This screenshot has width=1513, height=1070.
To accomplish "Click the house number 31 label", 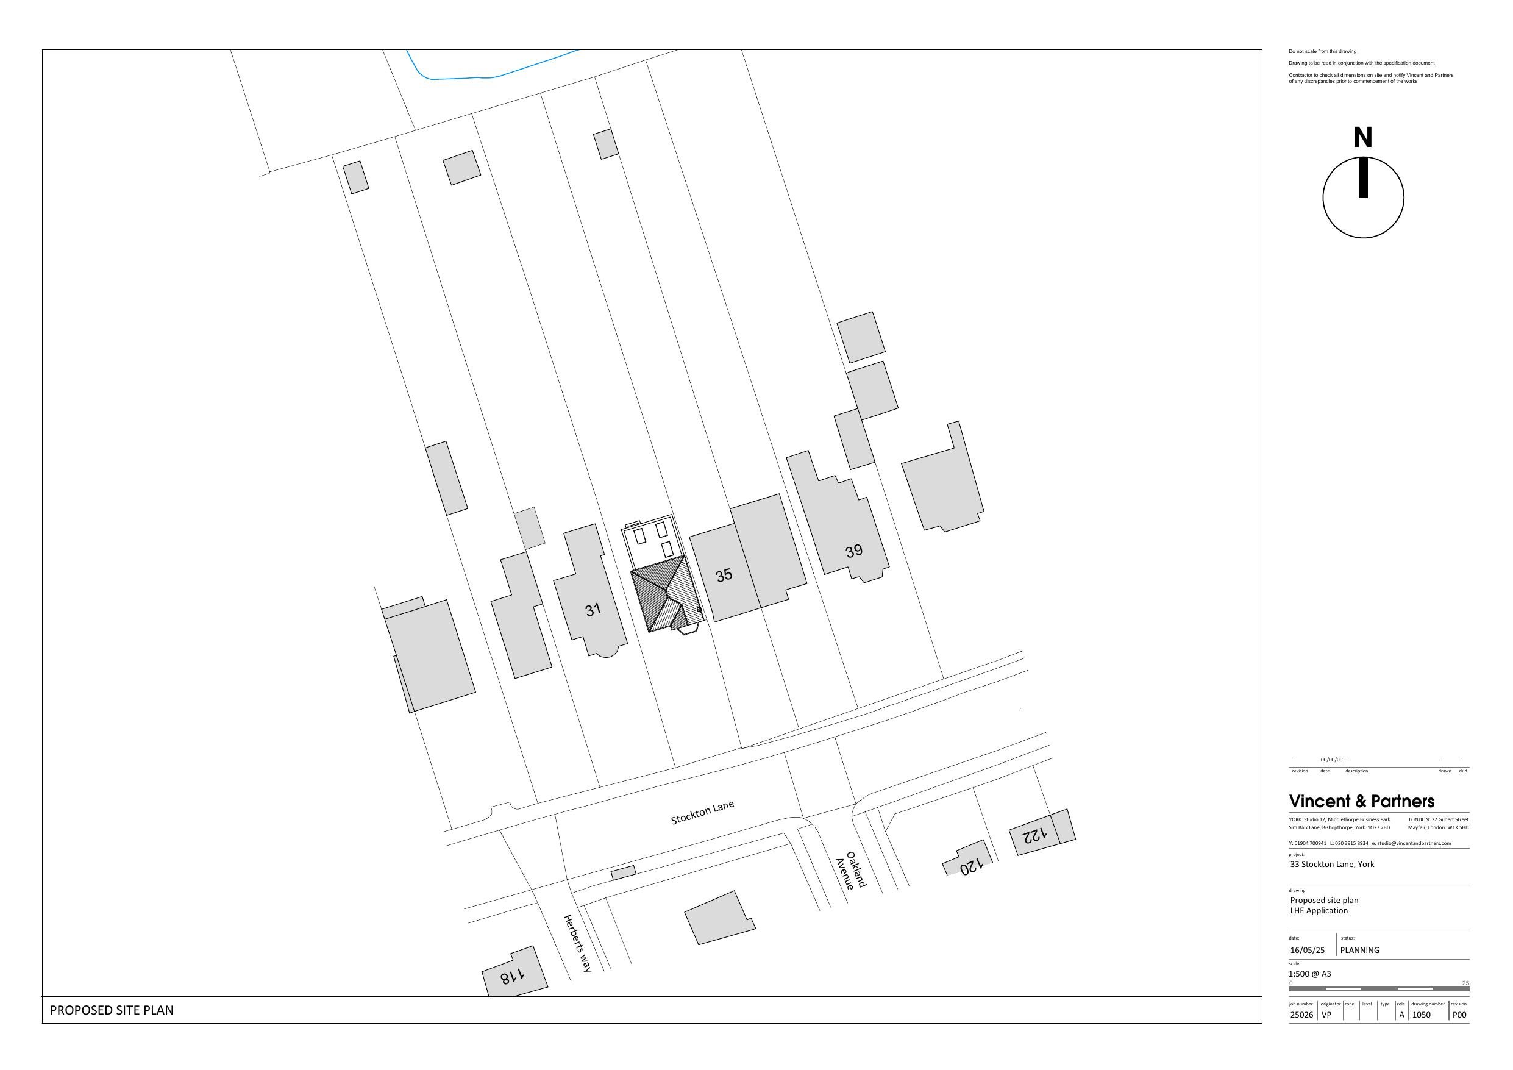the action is point(593,610).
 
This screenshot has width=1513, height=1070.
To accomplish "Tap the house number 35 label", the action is point(724,575).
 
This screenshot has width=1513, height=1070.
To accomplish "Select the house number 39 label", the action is point(854,551).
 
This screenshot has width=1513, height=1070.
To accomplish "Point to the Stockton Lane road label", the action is point(702,812).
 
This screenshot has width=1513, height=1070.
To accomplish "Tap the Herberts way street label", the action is point(578,943).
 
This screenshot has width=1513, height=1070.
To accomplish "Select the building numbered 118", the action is point(514,972).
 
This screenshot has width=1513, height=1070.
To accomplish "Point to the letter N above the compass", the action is point(1363,138).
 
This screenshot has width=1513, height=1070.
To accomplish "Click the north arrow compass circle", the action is point(1364,197).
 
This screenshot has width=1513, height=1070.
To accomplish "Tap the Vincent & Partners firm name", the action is point(1361,801).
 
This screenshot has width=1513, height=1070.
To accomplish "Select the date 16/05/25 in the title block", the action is point(1308,950).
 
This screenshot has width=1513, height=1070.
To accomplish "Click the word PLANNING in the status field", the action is point(1359,950).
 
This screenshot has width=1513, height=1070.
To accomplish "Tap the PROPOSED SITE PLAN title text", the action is point(112,1010).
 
